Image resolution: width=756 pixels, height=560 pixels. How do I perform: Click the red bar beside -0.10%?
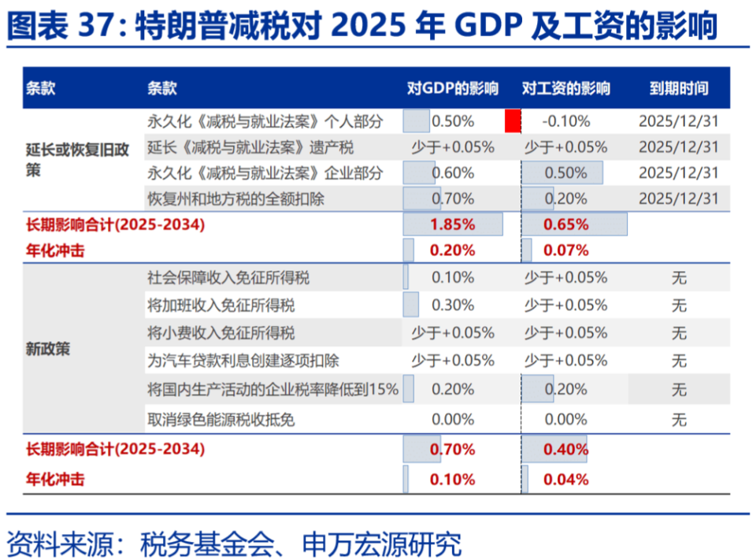click(x=513, y=121)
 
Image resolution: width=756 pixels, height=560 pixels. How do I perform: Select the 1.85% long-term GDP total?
click(x=453, y=224)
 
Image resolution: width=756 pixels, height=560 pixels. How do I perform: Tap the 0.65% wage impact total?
click(x=565, y=224)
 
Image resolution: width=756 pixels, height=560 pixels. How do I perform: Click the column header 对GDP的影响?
click(x=452, y=88)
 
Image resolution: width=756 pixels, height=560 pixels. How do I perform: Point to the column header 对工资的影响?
click(x=565, y=88)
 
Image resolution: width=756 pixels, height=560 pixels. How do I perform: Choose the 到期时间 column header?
click(x=678, y=88)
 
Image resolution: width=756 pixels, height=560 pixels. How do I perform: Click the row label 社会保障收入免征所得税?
click(x=228, y=277)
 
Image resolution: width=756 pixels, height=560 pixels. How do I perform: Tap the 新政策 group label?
click(x=47, y=348)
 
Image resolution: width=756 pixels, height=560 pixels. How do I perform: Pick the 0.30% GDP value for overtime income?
click(x=453, y=305)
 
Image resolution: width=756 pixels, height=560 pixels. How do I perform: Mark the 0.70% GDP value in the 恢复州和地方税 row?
click(x=453, y=198)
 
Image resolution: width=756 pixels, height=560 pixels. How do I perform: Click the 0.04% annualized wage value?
click(x=565, y=479)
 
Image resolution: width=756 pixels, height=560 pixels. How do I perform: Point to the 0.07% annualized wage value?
click(x=565, y=250)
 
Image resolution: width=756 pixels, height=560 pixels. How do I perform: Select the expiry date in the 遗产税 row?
click(x=678, y=147)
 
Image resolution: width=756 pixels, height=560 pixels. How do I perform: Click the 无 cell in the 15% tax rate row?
click(x=678, y=389)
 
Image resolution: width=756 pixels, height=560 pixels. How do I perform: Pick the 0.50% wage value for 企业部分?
click(x=565, y=173)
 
